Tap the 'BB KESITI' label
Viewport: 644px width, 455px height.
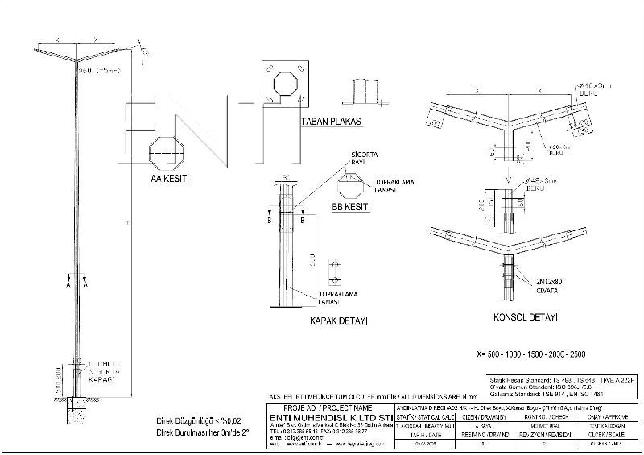click(351, 207)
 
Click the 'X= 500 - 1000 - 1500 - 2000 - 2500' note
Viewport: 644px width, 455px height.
click(531, 354)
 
